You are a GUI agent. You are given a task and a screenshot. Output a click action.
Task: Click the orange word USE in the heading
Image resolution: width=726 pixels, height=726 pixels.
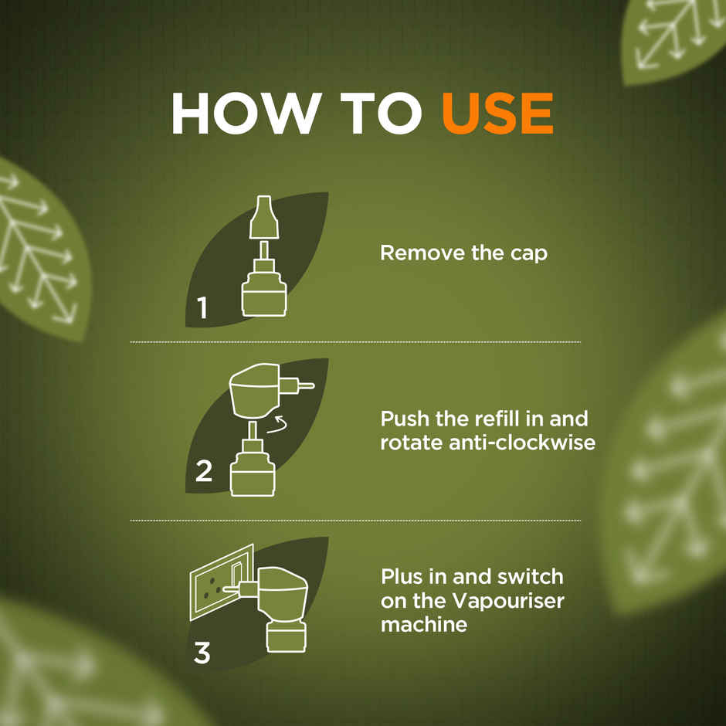(497, 114)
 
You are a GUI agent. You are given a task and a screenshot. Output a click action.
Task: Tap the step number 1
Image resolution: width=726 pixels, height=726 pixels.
(202, 308)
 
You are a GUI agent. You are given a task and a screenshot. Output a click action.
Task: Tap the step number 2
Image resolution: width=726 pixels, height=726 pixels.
(203, 471)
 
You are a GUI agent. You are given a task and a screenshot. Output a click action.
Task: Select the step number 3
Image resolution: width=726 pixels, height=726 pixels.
(202, 653)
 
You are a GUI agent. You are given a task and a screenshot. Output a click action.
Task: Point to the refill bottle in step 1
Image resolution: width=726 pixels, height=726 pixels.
(263, 290)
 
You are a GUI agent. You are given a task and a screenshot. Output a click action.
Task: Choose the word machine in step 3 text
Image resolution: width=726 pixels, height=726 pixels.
(424, 624)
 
